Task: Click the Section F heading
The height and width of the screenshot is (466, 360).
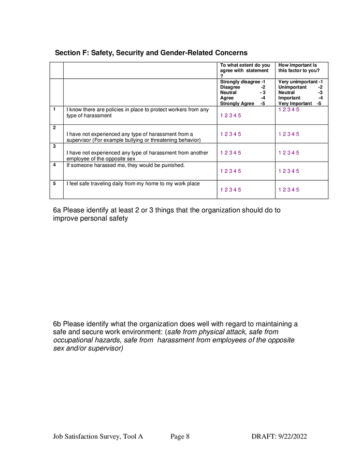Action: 151,53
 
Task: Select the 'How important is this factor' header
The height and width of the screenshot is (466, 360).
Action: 298,68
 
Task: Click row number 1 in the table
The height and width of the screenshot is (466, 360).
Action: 54,109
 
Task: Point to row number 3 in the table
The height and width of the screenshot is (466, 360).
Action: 54,147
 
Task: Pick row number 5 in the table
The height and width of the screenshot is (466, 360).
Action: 54,183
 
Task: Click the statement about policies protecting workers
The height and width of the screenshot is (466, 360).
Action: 137,112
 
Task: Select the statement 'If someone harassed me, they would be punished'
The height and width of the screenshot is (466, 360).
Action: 125,165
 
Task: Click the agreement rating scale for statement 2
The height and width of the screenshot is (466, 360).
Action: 231,134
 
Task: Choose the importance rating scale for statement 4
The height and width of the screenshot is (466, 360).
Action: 289,171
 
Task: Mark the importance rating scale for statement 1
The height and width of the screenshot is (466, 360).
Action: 289,109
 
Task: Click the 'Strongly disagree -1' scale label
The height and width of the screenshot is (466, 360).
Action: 243,82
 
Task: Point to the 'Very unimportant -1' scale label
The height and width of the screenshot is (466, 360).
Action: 300,82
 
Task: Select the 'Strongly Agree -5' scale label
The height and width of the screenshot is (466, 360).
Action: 243,104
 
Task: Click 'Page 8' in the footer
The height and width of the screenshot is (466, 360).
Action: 180,436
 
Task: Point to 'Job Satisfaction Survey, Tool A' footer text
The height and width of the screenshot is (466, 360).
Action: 98,436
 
